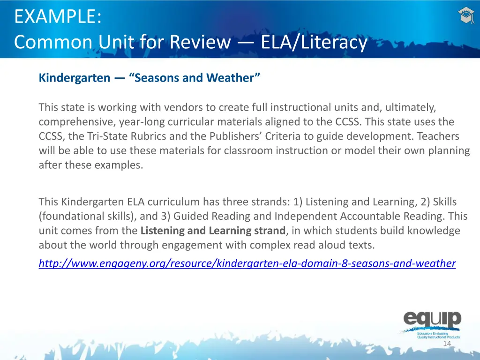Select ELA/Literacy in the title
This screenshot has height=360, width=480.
coord(314,43)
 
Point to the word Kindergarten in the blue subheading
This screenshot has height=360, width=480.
coord(74,78)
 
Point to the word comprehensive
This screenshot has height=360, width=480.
coord(77,122)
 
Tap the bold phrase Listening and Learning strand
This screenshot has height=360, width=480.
coord(213,231)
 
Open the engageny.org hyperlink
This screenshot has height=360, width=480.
coord(247,263)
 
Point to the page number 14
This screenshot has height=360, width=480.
coord(447,344)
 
